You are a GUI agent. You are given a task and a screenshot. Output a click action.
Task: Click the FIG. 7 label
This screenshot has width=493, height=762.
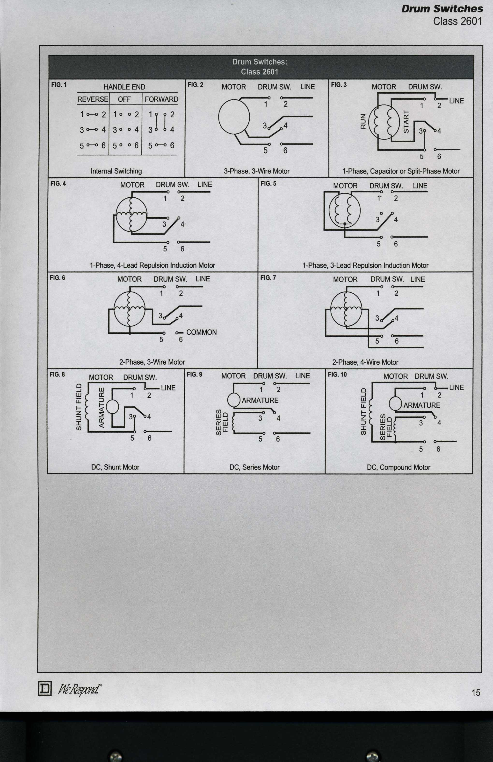point(268,278)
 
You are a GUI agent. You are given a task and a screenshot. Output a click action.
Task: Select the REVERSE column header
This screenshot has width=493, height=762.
point(93,99)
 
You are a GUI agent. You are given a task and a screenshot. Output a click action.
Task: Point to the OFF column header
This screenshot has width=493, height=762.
point(124,99)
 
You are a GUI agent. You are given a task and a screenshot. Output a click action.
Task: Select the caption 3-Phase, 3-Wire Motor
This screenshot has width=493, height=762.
point(256,171)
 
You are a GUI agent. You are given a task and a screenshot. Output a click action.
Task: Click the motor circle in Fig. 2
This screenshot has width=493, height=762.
point(234,117)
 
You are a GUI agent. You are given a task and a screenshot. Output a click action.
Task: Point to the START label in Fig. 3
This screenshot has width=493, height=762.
point(406,121)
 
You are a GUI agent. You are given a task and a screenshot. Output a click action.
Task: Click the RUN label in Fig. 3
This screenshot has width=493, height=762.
point(363,121)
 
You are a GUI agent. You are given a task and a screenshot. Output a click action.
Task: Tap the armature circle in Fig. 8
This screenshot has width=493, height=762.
point(112,407)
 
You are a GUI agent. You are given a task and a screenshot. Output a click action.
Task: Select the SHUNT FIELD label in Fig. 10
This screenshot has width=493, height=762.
point(363,411)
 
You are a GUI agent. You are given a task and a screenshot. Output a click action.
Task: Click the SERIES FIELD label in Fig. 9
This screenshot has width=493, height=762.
point(222,422)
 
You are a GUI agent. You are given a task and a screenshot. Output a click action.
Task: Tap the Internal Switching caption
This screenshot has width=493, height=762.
point(116,171)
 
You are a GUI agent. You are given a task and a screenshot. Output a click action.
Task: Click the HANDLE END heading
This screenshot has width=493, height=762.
point(124,87)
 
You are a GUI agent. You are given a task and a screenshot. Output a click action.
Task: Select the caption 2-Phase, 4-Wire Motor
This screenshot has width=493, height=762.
point(365,362)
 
